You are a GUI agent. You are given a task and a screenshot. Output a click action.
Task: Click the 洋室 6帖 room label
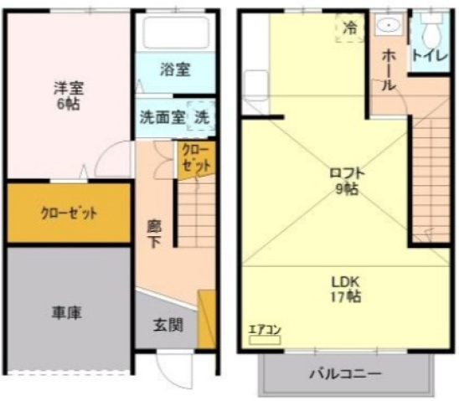(69, 95)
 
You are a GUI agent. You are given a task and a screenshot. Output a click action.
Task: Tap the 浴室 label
(175, 69)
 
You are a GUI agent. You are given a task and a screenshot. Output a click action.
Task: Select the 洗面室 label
(162, 117)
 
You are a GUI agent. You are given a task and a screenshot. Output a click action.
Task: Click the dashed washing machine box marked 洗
(201, 116)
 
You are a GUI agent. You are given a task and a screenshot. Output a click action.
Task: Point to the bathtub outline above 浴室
(176, 32)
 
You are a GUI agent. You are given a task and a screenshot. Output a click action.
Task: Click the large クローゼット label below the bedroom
(69, 213)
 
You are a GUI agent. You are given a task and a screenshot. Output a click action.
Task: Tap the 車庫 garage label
(67, 313)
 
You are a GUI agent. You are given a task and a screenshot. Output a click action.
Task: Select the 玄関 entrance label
(168, 325)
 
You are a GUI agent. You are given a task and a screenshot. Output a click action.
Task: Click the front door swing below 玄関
(175, 369)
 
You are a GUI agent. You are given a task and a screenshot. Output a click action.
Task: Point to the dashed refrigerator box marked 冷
(350, 28)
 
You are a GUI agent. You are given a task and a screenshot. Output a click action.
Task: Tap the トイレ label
(431, 56)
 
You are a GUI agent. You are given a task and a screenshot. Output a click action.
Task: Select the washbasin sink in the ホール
(389, 24)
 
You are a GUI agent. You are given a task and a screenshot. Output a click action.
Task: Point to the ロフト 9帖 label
(347, 182)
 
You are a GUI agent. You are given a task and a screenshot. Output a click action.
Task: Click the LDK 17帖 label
(346, 290)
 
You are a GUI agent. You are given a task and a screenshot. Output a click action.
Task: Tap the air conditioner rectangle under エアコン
(265, 340)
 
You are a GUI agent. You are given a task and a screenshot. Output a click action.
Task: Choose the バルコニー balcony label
(346, 374)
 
